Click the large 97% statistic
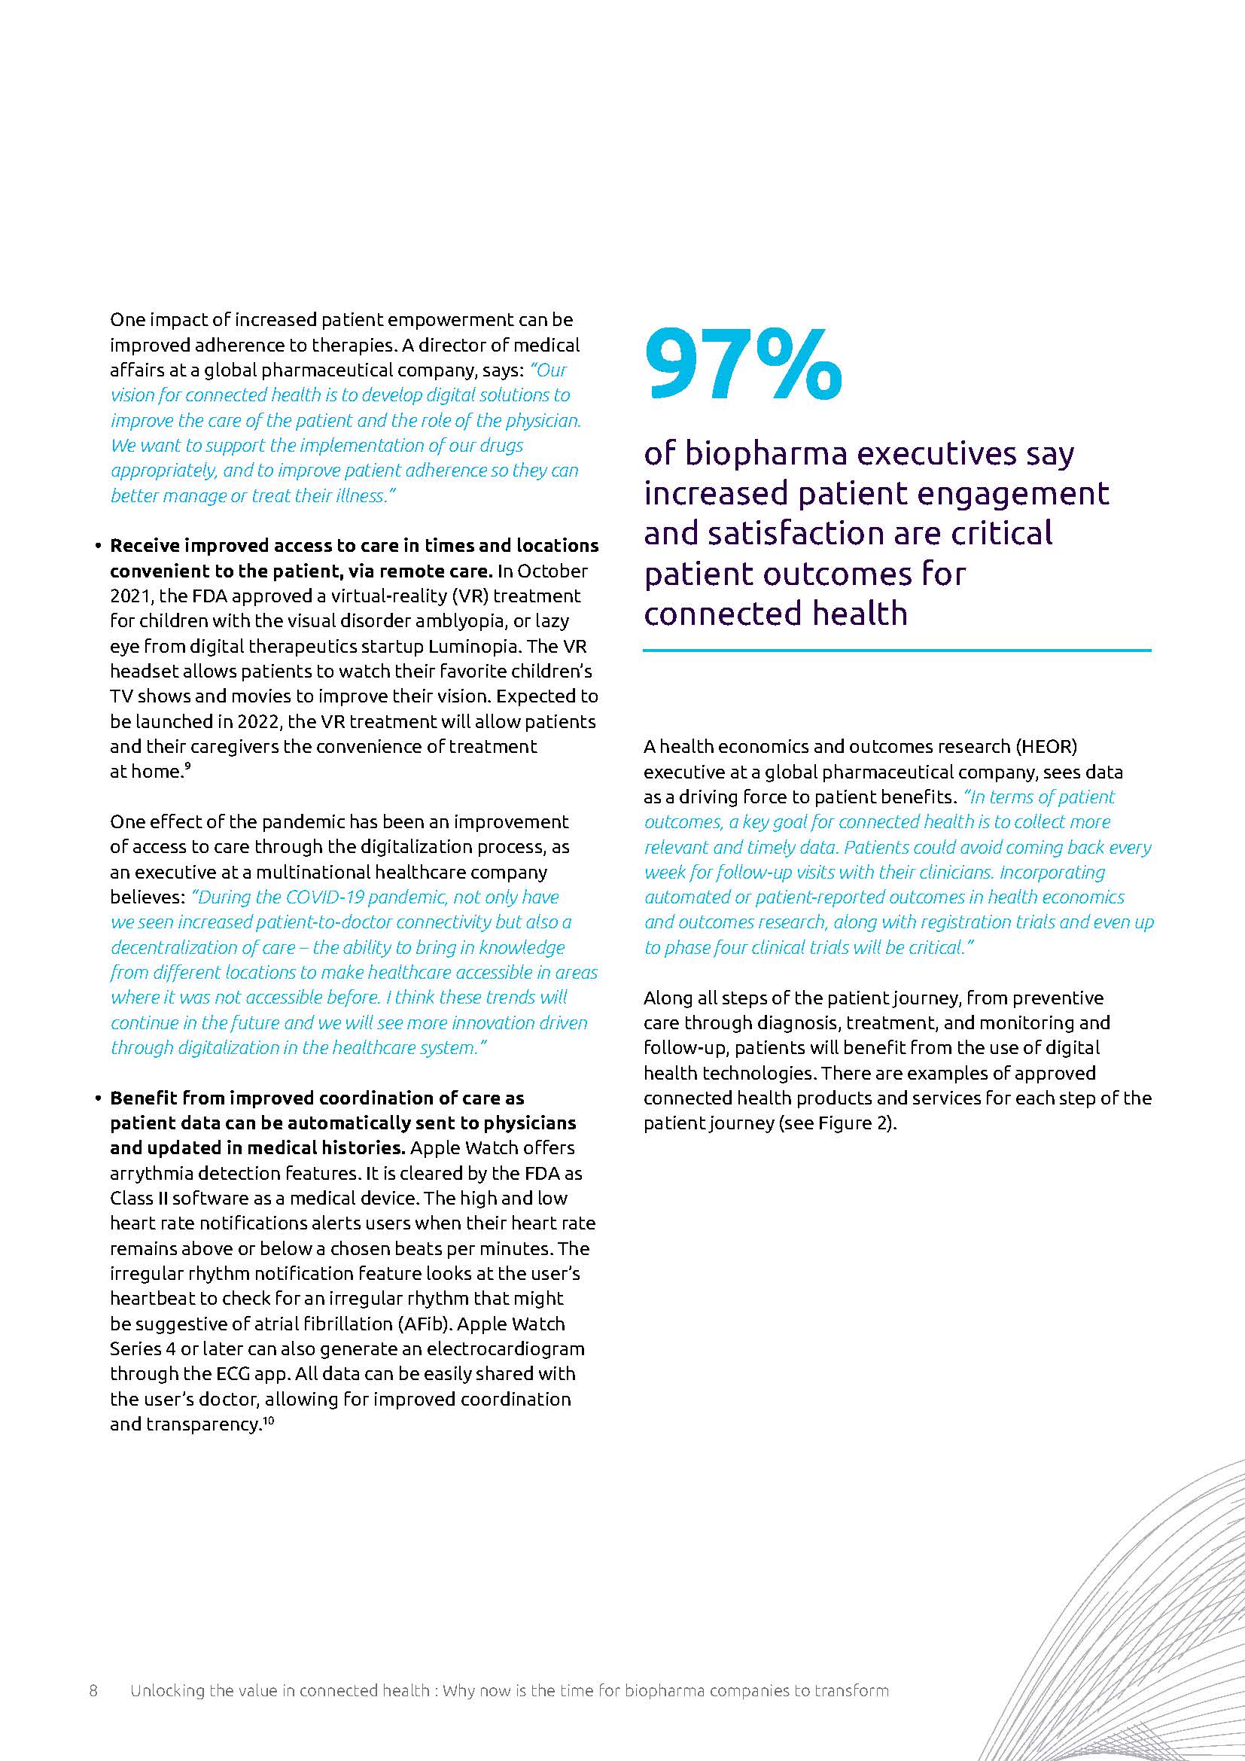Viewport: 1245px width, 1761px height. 743,364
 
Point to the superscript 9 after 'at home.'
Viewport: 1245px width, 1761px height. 187,767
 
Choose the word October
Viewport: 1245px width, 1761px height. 555,571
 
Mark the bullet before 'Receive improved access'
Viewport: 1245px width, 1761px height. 98,547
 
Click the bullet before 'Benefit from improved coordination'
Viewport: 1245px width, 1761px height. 98,1099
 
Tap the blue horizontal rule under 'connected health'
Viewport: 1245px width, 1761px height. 897,651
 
